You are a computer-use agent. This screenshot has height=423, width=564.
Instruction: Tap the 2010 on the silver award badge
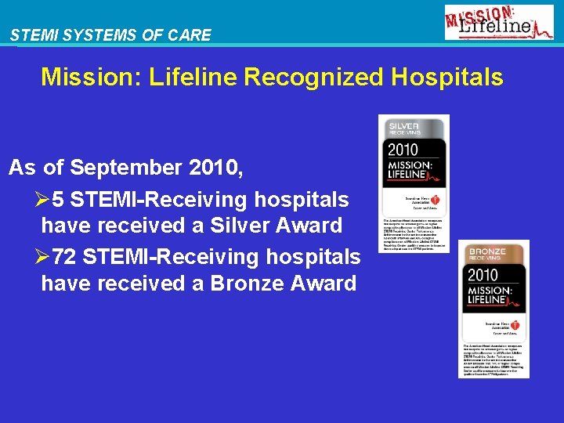point(402,150)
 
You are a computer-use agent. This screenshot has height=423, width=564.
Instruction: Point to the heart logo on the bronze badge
point(516,325)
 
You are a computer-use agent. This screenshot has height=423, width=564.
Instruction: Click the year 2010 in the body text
point(211,168)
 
